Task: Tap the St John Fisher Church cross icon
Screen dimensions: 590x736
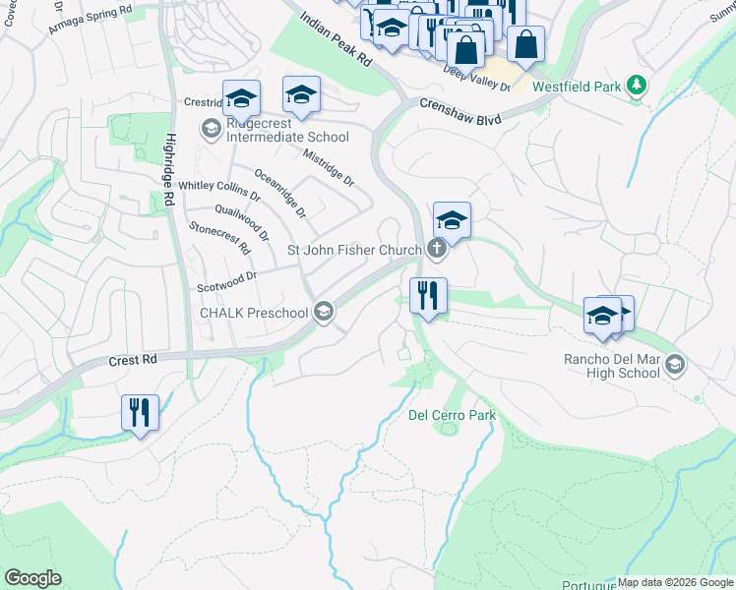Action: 437,250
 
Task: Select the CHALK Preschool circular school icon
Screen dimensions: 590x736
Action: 323,313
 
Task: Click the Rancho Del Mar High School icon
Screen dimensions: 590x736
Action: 674,365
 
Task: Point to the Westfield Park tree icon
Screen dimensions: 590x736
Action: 638,87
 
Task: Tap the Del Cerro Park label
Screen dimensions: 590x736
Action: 452,416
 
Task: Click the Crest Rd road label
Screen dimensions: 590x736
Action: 134,361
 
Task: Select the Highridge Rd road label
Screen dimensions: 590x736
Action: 170,169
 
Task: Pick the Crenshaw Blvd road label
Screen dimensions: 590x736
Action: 460,110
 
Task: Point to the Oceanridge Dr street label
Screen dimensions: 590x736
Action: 280,193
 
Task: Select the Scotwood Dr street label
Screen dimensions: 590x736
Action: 225,279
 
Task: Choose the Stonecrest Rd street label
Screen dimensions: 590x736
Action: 219,238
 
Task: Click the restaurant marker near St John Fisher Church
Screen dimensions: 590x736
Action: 428,297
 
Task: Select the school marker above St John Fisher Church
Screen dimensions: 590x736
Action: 451,220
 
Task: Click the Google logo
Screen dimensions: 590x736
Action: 32,578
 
